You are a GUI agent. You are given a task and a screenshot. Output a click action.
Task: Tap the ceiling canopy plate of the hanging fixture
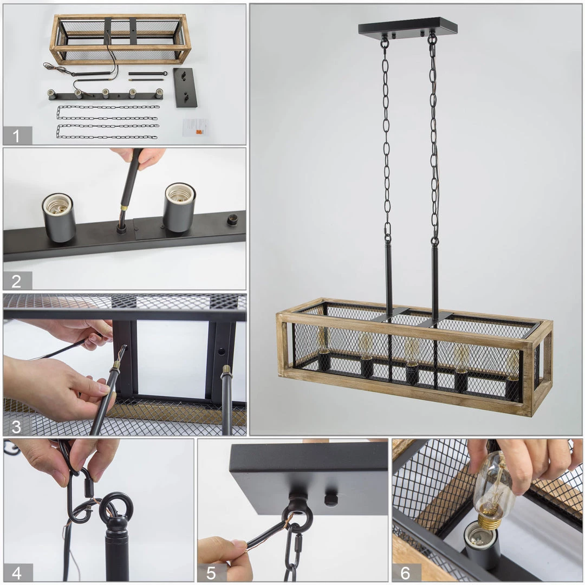pos(407,28)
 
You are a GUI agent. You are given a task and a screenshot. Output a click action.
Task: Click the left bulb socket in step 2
pos(58,217)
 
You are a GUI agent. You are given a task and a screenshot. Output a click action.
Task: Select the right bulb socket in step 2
pos(179,207)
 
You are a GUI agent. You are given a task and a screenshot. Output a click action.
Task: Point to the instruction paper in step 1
pos(195,127)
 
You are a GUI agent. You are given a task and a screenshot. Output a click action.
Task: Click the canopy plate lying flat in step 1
pos(185,87)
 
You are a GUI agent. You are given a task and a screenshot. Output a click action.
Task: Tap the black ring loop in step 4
pos(116,506)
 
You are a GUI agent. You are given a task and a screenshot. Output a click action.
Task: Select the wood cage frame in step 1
pos(120,39)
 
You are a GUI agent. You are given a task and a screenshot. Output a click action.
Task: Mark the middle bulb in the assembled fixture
pos(412,352)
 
